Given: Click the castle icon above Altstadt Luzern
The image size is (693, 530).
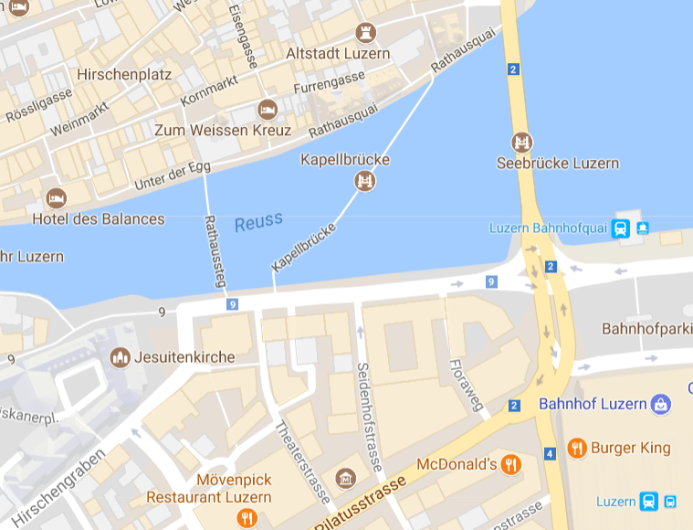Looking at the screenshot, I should coord(368,32).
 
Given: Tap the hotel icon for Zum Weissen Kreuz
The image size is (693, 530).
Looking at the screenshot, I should coord(268,110).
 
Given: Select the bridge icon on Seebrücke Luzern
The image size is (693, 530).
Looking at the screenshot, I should coord(521,143).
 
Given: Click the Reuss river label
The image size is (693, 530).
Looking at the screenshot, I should coord(258,221).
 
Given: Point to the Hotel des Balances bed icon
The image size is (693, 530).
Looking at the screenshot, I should coord(57,198).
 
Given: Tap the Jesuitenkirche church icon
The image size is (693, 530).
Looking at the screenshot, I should coord(120,356).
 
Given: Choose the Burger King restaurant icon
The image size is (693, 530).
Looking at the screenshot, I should coord(576,448).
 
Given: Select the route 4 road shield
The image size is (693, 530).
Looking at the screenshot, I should coord(550,453).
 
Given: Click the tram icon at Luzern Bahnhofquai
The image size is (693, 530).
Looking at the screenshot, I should coord(621,228).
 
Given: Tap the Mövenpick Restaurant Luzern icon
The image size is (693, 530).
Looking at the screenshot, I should coord(246,519).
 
